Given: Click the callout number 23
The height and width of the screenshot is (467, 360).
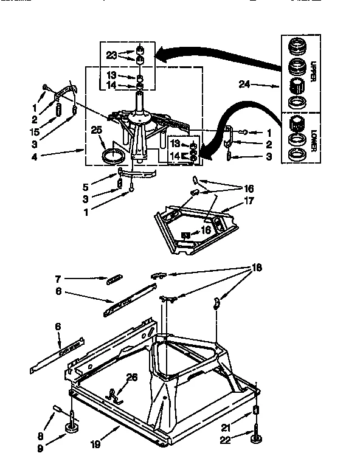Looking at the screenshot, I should [111, 55].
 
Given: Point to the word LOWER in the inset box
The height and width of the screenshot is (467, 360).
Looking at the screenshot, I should [313, 144].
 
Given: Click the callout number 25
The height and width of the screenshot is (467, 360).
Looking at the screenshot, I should [96, 129].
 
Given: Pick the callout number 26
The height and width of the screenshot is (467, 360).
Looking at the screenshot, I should [131, 377].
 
